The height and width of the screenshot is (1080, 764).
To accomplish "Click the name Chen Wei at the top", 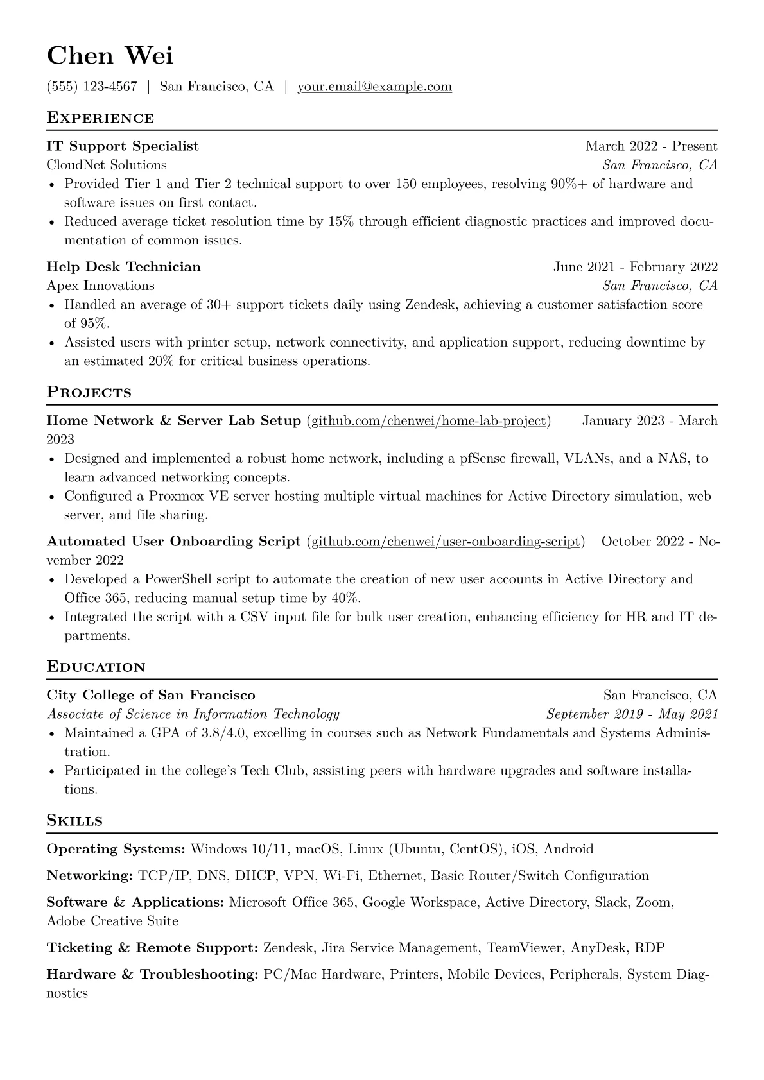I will point(110,56).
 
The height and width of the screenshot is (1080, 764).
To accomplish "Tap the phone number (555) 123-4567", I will point(92,87).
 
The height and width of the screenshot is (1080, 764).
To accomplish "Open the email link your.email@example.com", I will point(374,87).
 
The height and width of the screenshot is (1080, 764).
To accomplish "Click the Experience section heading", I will point(100,118).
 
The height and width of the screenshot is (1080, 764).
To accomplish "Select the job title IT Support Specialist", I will point(123,146).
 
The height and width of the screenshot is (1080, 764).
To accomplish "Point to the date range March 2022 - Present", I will point(651,146).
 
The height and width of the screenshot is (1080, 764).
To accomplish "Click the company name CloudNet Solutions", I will point(107,165).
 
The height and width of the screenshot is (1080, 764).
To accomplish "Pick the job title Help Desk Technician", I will point(124,267).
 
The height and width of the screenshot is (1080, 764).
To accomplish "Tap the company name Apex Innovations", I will point(101,286).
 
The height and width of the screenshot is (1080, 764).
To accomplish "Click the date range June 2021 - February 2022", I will point(636,267).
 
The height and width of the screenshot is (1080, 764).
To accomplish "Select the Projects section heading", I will point(89,393).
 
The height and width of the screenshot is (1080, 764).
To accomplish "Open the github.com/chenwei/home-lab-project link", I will point(429,421).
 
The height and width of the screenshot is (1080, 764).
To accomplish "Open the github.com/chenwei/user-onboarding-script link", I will point(446,542).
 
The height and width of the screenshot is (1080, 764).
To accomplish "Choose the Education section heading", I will point(96,667).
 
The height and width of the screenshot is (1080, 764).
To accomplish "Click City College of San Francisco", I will point(151,696).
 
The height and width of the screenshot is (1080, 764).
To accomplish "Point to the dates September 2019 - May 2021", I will point(632,714).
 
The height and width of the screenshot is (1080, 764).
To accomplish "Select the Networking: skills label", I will point(90,876).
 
